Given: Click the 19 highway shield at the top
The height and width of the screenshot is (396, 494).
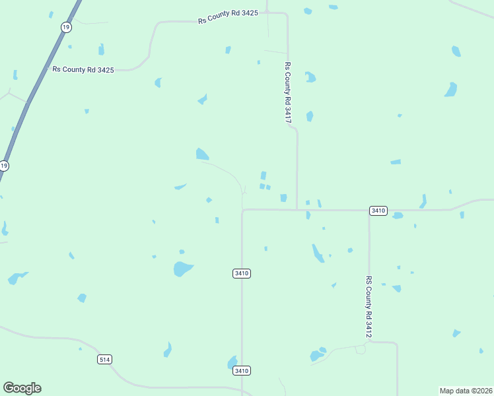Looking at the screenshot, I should point(65,26).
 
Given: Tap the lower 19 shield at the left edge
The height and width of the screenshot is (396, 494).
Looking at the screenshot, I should point(4,165).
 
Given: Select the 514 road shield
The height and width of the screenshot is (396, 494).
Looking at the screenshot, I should point(104,359).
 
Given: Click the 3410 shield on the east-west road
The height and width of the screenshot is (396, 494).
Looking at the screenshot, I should point(378,210).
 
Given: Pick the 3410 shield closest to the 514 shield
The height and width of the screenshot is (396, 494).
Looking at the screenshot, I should point(242,371).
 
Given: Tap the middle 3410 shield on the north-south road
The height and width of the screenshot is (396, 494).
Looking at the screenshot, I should point(242,273).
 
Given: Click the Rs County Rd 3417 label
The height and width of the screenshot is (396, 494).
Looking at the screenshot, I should point(287,92).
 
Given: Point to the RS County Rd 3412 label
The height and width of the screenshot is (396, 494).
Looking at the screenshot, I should point(369,307).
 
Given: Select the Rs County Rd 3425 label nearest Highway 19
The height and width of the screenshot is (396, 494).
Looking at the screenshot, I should point(83,69).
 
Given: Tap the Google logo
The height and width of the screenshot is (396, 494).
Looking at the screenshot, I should point(22,388).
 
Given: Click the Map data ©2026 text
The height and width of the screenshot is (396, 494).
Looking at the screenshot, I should point(466,390).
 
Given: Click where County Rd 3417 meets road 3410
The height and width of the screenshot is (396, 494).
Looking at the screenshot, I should point(297,210).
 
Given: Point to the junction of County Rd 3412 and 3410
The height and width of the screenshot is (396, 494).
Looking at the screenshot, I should point(369,211).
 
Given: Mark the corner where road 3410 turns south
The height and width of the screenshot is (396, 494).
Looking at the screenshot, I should point(243,211).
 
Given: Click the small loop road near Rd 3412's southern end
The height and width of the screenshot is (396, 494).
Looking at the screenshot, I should point(360,349).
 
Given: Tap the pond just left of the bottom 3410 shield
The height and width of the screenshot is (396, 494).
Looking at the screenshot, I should point(232,362).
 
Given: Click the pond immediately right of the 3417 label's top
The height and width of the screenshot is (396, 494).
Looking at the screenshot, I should point(310,77).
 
